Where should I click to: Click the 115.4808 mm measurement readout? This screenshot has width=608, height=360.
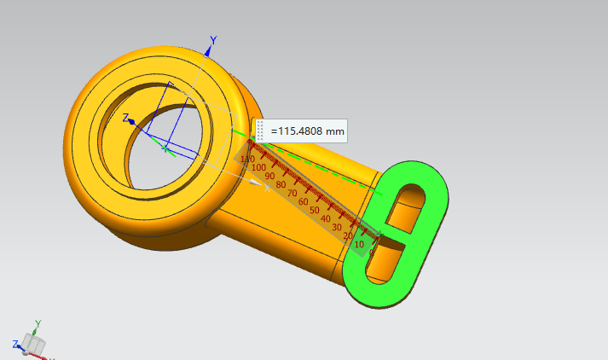coord(308,131)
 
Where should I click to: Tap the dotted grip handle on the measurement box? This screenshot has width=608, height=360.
coord(260,131)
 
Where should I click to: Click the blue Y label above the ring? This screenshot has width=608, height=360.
coord(213,40)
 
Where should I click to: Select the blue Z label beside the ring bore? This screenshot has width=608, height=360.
coord(125,118)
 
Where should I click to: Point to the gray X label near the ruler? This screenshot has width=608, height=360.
coord(267,189)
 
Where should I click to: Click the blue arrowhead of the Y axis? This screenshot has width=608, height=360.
coord(209,51)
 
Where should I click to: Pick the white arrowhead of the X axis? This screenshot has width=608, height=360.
coord(256,182)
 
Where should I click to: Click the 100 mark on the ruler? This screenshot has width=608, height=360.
coord(258,167)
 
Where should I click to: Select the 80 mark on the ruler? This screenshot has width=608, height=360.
coord(281,184)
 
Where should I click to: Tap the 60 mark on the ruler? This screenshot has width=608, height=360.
coord(304,201)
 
